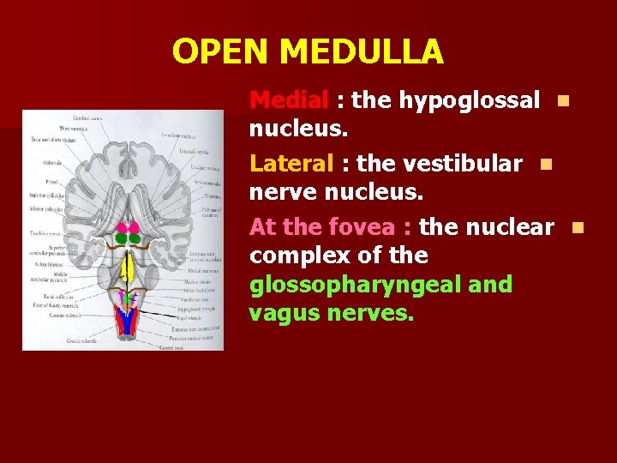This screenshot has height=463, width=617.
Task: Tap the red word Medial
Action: point(289,100)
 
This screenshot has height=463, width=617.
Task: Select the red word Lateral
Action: point(290,163)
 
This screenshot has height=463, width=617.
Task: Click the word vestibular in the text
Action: point(464,163)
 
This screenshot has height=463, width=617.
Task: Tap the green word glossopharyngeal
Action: point(380,284)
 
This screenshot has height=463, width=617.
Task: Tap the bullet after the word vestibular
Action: point(546,164)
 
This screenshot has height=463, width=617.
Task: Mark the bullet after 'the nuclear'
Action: point(577,227)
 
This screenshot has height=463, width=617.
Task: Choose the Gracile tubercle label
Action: point(81,340)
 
